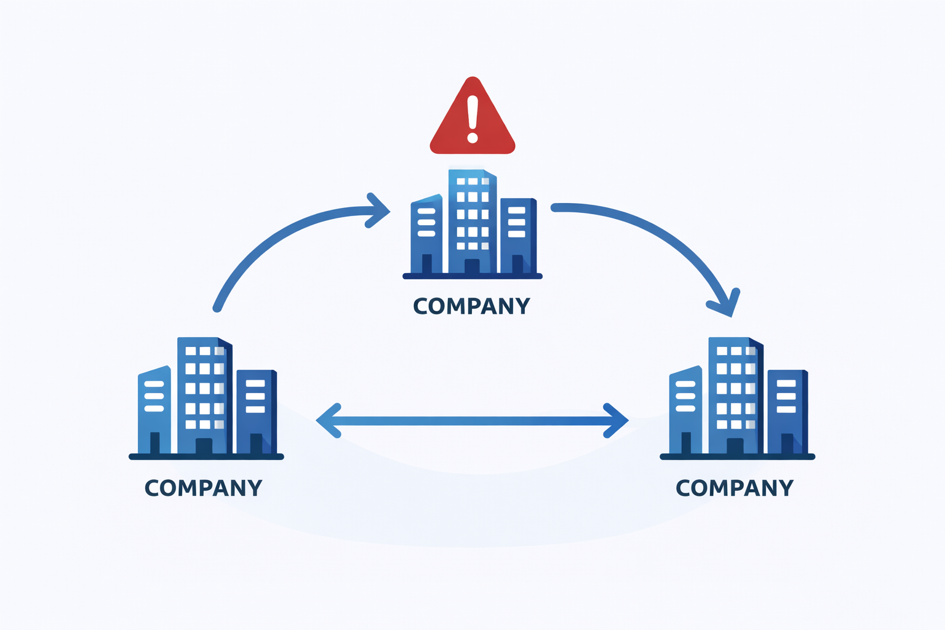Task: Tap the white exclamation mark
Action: click(472, 119)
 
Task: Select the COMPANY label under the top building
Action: click(471, 306)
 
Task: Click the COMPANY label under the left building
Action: click(204, 488)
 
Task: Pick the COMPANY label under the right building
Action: click(735, 488)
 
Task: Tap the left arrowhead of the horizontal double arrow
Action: click(329, 421)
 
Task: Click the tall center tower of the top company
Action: click(472, 221)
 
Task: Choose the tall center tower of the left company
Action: click(205, 396)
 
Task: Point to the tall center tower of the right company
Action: click(736, 396)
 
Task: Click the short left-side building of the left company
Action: click(154, 410)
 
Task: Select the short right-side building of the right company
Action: click(787, 412)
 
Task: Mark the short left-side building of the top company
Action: click(426, 234)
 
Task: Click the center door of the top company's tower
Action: click(472, 266)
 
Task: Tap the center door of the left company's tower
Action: click(204, 446)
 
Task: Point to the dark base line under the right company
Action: click(738, 457)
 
